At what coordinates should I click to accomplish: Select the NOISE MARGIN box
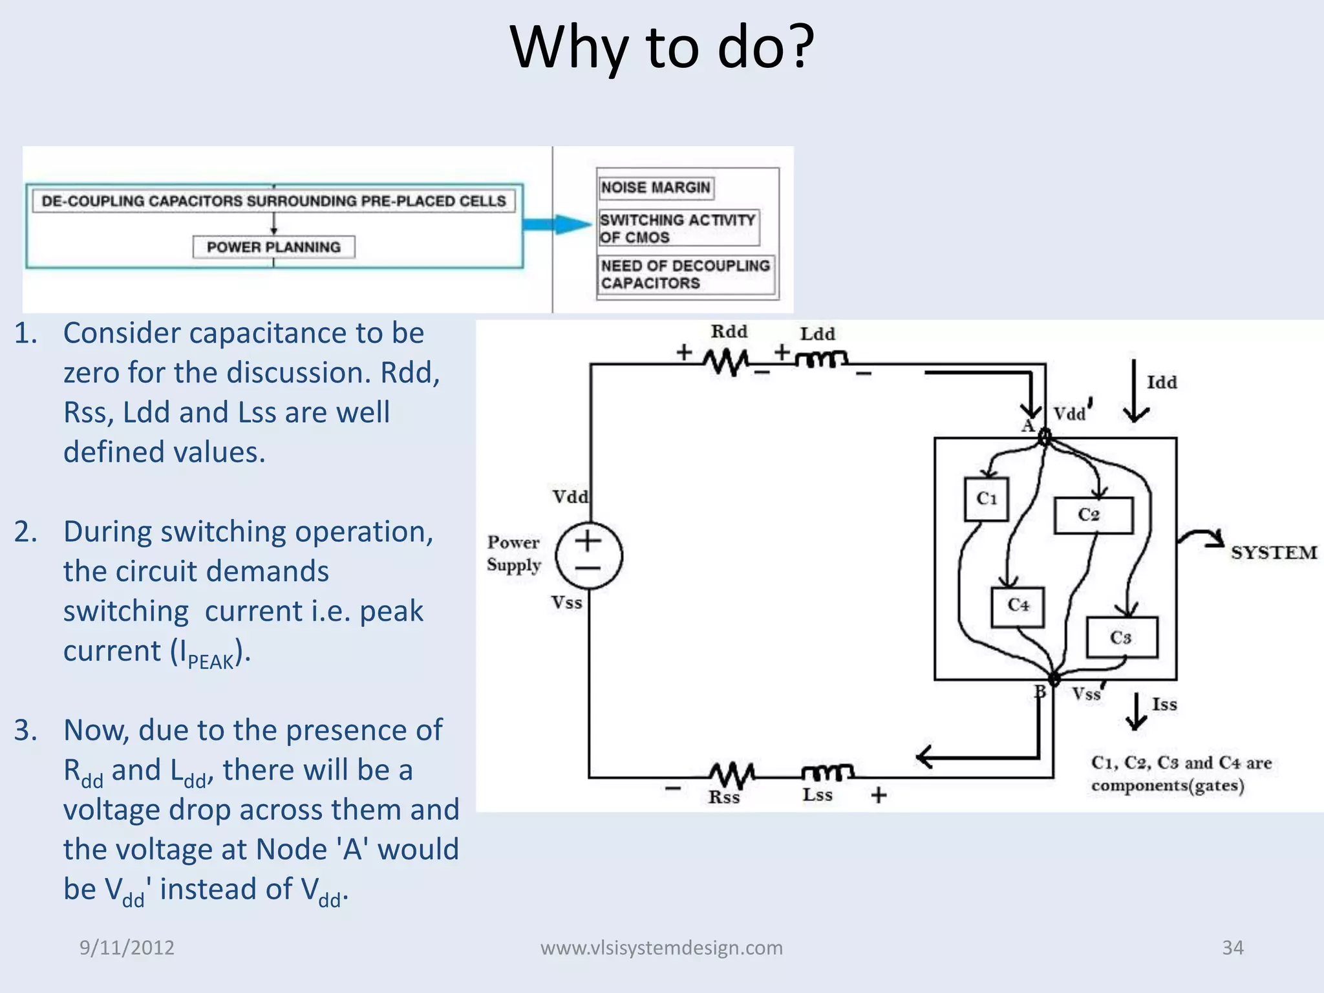[x=656, y=188]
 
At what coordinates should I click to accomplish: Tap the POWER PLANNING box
[x=273, y=247]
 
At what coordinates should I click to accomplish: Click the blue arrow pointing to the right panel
[x=556, y=224]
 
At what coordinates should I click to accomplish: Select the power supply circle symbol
[x=589, y=555]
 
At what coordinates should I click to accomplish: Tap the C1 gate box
[x=986, y=499]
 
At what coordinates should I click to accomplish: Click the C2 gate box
[x=1093, y=515]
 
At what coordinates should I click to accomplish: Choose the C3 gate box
[x=1122, y=637]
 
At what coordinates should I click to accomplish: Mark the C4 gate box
[x=1018, y=606]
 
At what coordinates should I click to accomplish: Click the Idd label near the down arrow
[x=1162, y=383]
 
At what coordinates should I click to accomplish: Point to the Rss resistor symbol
[x=731, y=773]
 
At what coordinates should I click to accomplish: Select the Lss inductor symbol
[x=827, y=772]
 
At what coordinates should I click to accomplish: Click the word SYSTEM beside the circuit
[x=1273, y=553]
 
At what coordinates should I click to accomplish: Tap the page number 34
[x=1232, y=948]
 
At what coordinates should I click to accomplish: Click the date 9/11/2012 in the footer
[x=127, y=948]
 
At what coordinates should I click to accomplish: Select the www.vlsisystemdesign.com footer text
[x=661, y=948]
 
